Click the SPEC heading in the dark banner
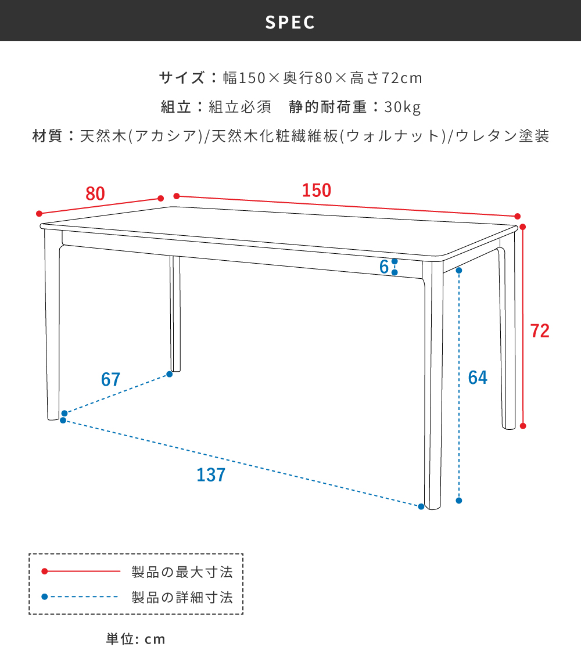pyautogui.click(x=290, y=22)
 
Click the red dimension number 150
pyautogui.click(x=317, y=191)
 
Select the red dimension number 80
pyautogui.click(x=95, y=193)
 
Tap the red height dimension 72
pyautogui.click(x=540, y=330)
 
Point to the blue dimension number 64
pyautogui.click(x=478, y=378)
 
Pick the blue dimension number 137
pyautogui.click(x=211, y=475)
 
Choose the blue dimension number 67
pyautogui.click(x=110, y=379)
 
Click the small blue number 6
pyautogui.click(x=383, y=267)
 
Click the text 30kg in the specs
pyautogui.click(x=402, y=107)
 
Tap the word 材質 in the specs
pyautogui.click(x=47, y=137)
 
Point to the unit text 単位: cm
pyautogui.click(x=136, y=639)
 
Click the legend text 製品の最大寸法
pyautogui.click(x=182, y=572)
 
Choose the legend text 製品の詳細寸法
pyautogui.click(x=182, y=597)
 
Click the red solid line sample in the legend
pyautogui.click(x=82, y=572)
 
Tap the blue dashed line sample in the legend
pyautogui.click(x=82, y=597)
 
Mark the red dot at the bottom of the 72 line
pyautogui.click(x=523, y=426)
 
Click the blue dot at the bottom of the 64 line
pyautogui.click(x=459, y=500)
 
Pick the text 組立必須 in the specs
pyautogui.click(x=240, y=107)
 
